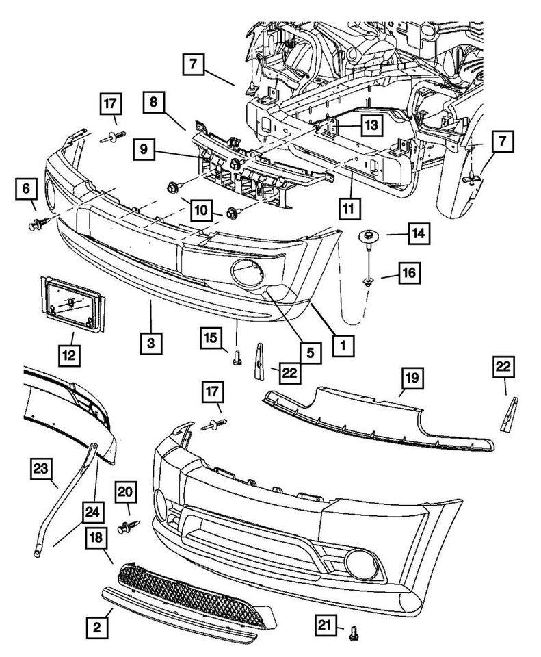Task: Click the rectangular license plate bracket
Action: (x=72, y=301)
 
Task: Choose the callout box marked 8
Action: (x=155, y=103)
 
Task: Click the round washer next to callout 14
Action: (x=369, y=237)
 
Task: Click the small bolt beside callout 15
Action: (x=237, y=356)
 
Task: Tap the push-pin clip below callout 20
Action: (x=127, y=528)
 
